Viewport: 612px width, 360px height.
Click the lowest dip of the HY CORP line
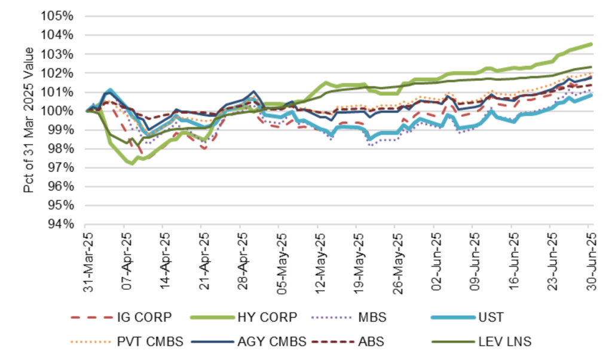point(131,163)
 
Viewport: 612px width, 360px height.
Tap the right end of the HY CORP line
point(592,44)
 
